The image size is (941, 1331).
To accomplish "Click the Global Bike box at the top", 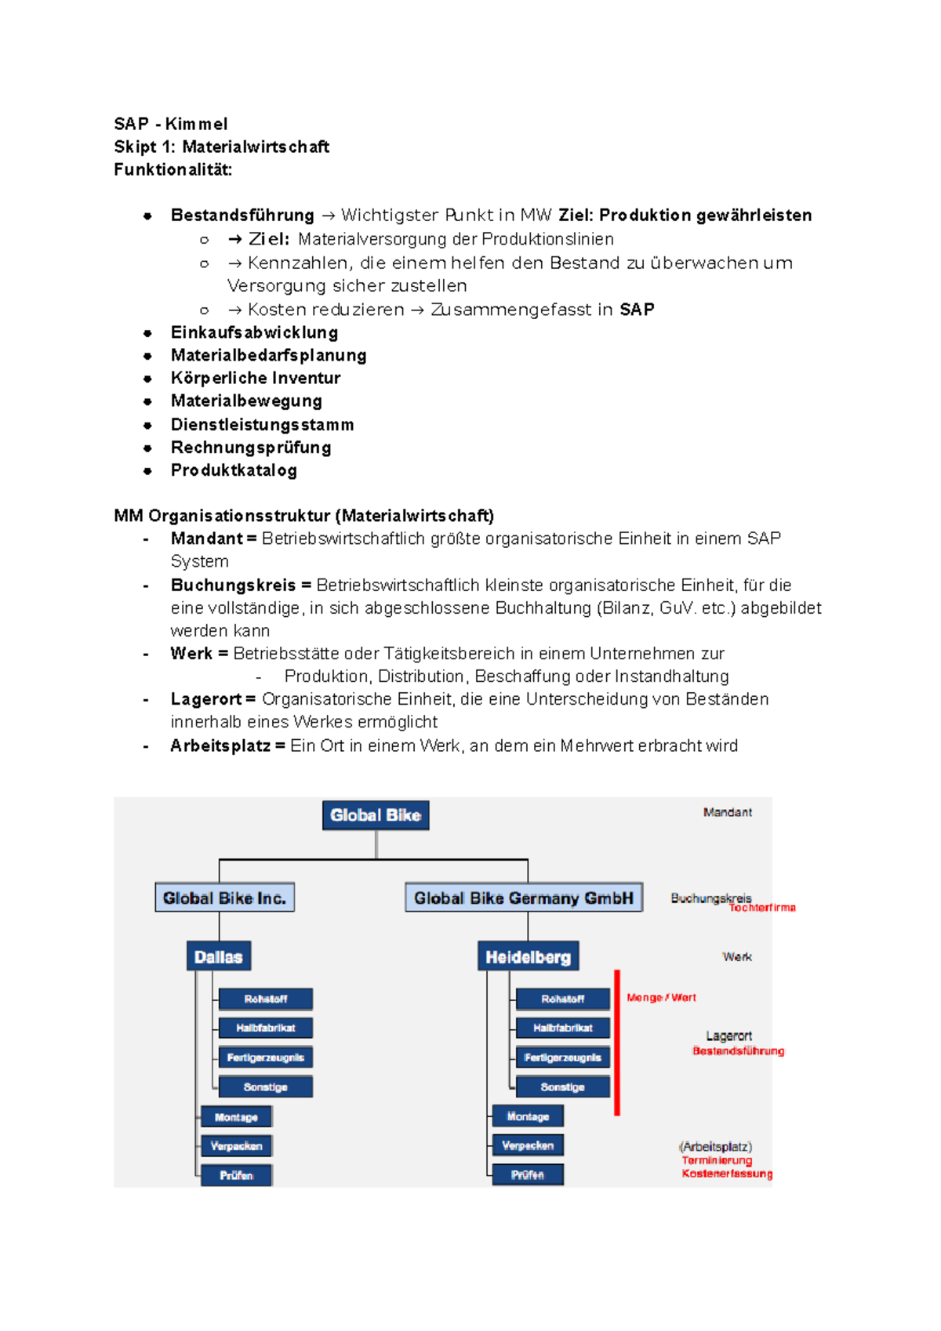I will pos(376,815).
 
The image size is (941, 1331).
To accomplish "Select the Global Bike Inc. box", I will pos(224,898).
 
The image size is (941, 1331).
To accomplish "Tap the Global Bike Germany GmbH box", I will pos(523,898).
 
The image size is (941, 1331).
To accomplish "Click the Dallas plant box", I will pos(218,956).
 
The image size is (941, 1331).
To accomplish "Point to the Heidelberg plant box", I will pos(528,956).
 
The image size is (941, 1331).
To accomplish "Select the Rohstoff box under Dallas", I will pos(265,999).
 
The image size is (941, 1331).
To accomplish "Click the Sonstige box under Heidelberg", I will pos(562,1086).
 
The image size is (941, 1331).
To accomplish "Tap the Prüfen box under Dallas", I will pos(236,1175).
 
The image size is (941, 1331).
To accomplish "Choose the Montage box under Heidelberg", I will pos(528,1116).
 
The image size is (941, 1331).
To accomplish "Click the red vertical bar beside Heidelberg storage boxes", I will pos(617,1043).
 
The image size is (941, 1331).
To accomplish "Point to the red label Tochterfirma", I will pos(762,908).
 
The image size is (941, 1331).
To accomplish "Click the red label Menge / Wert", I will pos(661,998).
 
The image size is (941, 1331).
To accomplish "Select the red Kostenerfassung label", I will pos(727,1173).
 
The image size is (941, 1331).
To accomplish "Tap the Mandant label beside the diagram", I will pos(727,812).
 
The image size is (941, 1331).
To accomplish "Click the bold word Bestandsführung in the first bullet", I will pos(242,216).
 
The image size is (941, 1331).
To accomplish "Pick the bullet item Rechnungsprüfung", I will pos(251,448).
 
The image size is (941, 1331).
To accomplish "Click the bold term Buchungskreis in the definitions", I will pos(233,586).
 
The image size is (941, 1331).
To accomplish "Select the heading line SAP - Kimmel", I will pos(171,124).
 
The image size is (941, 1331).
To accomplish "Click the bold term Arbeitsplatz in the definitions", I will pos(220,745).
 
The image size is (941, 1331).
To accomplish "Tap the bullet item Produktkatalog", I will pos(234,470).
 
